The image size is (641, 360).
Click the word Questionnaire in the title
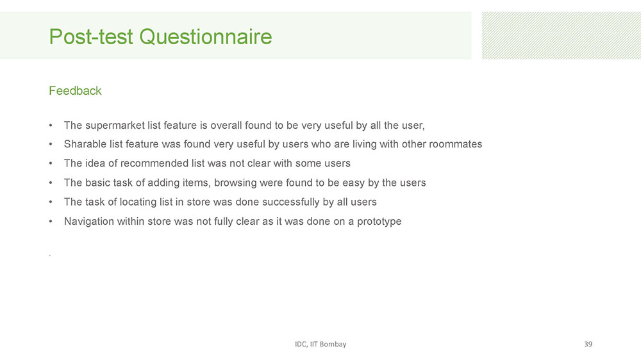click(x=205, y=37)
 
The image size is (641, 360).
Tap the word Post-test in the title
click(x=91, y=37)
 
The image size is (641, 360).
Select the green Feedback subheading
click(x=75, y=91)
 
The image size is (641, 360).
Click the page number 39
click(x=588, y=344)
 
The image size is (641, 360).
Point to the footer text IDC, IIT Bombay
click(x=320, y=344)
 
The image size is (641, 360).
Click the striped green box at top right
click(x=562, y=35)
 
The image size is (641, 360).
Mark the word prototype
click(x=379, y=222)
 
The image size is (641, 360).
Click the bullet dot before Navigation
click(x=51, y=222)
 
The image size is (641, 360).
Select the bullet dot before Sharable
click(x=51, y=144)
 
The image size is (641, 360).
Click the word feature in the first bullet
click(x=180, y=125)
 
